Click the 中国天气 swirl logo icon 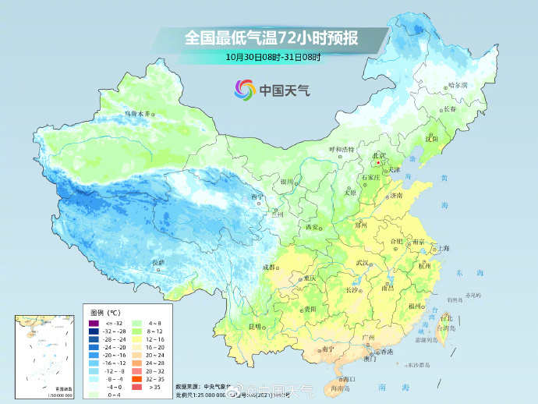tap(244, 89)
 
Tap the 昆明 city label tap(254, 325)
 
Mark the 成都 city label tap(269, 267)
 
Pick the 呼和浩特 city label tap(341, 149)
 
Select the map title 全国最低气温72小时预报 tap(271, 37)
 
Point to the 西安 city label tap(312, 227)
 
